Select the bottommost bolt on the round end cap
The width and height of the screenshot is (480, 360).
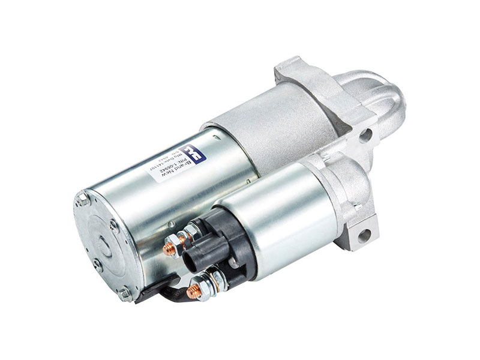(124, 295)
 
